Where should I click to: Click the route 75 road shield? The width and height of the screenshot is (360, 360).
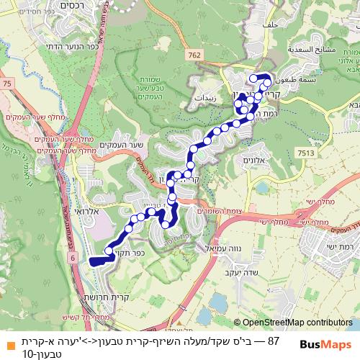point(7,85)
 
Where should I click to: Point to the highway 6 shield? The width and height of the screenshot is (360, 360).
point(72,256)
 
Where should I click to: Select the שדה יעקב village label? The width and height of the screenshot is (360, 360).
point(235,272)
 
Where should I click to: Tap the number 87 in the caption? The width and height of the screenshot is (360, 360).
point(272,340)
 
